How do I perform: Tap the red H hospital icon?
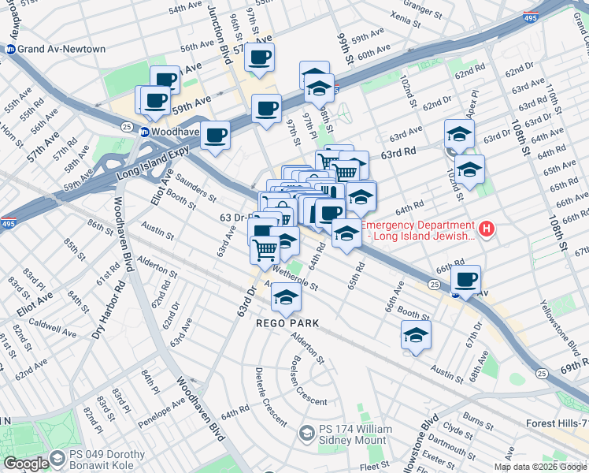487,230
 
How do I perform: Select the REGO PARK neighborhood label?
287,323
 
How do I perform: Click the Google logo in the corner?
26,464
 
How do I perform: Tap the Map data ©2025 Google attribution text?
540,467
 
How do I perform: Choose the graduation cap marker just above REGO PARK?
286,296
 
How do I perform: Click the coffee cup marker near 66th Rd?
466,279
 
